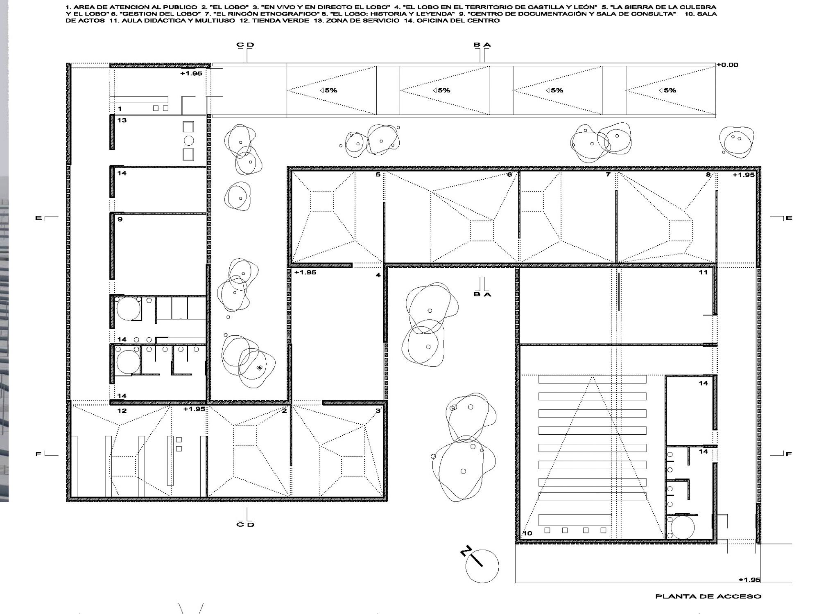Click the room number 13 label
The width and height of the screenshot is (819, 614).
pyautogui.click(x=122, y=120)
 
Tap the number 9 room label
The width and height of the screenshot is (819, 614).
pyautogui.click(x=120, y=219)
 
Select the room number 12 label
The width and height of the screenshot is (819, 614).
pyautogui.click(x=122, y=411)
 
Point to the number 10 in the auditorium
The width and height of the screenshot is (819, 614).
pyautogui.click(x=527, y=533)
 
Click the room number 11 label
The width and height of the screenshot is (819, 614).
pyautogui.click(x=703, y=273)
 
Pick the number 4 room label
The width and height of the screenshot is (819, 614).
pyautogui.click(x=378, y=275)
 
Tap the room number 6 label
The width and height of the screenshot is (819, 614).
pyautogui.click(x=509, y=175)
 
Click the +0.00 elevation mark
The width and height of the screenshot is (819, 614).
pyautogui.click(x=727, y=65)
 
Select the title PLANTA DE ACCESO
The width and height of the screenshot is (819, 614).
pyautogui.click(x=708, y=596)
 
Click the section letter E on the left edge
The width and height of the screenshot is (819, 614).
pyautogui.click(x=38, y=218)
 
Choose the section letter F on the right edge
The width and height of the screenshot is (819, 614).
pyautogui.click(x=789, y=454)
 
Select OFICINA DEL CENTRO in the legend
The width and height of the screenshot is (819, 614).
pyautogui.click(x=458, y=20)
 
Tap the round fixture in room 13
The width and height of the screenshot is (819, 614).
pyautogui.click(x=188, y=141)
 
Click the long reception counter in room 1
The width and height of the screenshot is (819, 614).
pyautogui.click(x=139, y=100)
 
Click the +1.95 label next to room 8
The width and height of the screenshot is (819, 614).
pyautogui.click(x=743, y=175)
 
